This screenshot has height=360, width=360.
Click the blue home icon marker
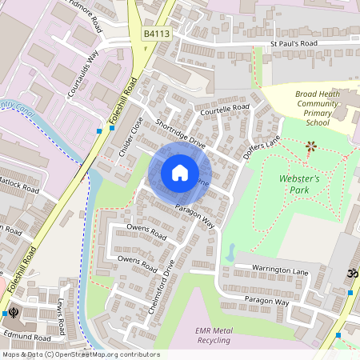(x=180, y=173)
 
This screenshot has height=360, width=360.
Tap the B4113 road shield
(x=158, y=34)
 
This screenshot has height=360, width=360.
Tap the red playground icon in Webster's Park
(x=311, y=146)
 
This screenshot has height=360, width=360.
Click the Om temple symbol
(x=350, y=274)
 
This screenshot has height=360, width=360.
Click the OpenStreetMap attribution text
(x=80, y=354)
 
